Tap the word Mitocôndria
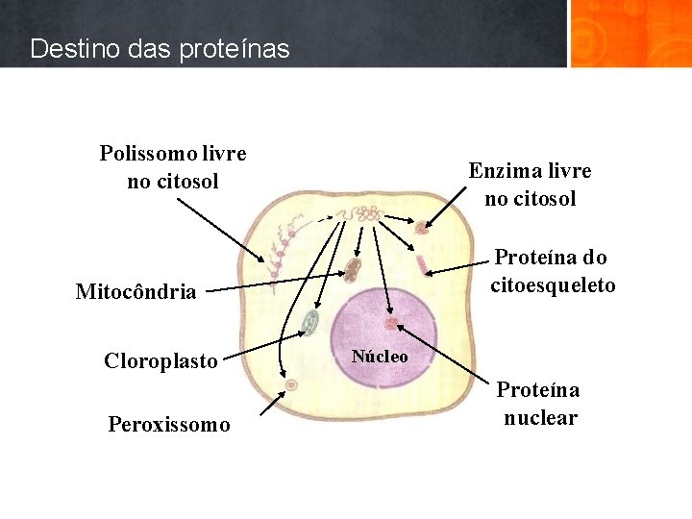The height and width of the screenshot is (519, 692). click(x=136, y=291)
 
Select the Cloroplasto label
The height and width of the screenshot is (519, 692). click(x=161, y=361)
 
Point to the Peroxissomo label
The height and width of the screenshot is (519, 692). click(x=169, y=424)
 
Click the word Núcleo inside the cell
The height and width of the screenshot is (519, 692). click(x=380, y=357)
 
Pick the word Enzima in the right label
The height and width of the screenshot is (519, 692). click(x=502, y=171)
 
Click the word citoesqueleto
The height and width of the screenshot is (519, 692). click(x=553, y=285)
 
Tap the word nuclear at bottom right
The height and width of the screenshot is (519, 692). click(x=540, y=418)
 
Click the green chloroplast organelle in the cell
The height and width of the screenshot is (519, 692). click(x=309, y=324)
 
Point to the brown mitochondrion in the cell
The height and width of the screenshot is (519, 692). click(x=353, y=269)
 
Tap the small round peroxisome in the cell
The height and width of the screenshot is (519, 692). click(x=291, y=384)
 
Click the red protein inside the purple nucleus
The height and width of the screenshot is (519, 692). click(x=391, y=323)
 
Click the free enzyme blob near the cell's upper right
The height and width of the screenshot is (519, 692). click(x=421, y=228)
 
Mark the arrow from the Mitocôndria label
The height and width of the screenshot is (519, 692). click(x=279, y=283)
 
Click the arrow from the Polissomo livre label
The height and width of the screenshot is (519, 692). click(x=207, y=227)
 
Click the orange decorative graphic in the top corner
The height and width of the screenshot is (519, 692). click(x=630, y=33)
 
